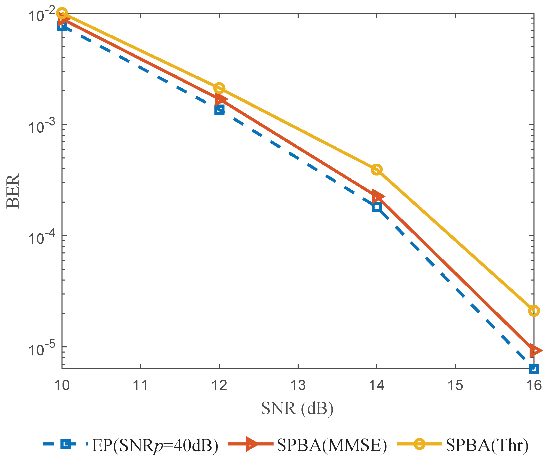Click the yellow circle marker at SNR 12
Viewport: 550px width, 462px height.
219,88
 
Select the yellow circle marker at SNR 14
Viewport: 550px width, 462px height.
377,170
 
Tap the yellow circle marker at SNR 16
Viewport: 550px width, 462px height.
534,311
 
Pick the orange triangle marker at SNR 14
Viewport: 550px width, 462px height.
378,197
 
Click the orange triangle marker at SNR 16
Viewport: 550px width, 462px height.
535,351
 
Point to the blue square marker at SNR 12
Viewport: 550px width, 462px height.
219,110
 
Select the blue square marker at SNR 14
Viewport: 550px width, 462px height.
377,207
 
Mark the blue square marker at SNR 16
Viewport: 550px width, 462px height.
534,369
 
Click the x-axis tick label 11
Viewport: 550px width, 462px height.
141,386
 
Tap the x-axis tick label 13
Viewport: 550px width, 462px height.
298,386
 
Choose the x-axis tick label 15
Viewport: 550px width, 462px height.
455,386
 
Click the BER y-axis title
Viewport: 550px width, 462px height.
13,191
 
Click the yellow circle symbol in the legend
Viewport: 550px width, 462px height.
420,444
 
